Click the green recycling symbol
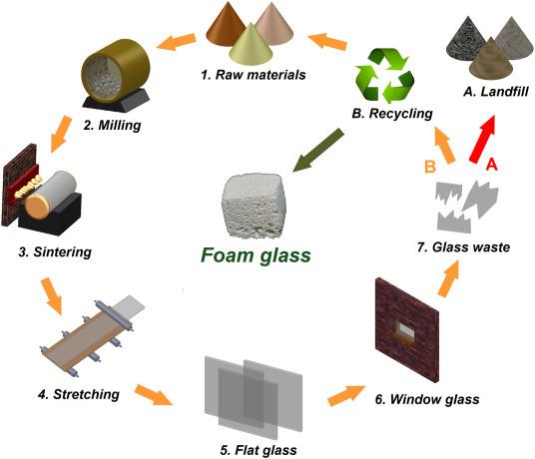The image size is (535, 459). tap(384, 76)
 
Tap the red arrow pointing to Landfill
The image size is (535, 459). tap(482, 139)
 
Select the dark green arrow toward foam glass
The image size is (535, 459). tap(318, 151)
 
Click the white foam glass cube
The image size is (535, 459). tap(254, 207)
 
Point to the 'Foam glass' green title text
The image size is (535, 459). tap(256, 255)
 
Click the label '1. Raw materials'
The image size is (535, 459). tap(254, 75)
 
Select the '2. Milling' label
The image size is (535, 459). tap(112, 125)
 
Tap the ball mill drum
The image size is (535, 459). tap(116, 71)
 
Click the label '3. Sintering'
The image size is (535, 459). tap(55, 252)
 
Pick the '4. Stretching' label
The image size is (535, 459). tap(79, 394)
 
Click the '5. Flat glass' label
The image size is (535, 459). tap(259, 450)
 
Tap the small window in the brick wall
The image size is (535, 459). tap(405, 330)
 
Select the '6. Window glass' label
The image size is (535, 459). tap(427, 399)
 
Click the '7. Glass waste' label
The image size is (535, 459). tap(463, 247)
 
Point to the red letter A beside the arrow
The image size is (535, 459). tap(491, 165)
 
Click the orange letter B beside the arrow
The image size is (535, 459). tap(430, 167)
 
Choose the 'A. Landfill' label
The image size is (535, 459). tap(496, 92)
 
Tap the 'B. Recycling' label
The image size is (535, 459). tap(392, 113)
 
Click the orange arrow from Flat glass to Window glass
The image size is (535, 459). tap(345, 395)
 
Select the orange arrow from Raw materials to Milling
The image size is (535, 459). tap(176, 41)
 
